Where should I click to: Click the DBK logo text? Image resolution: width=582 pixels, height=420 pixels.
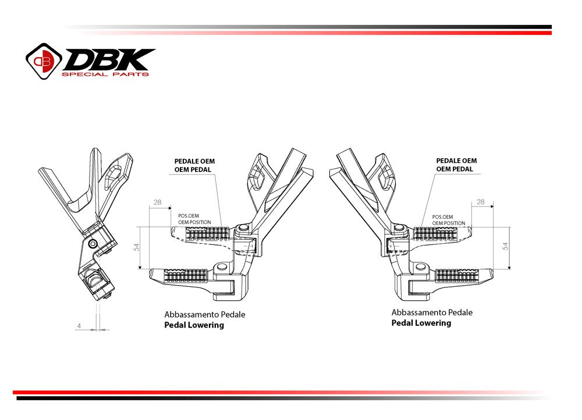point(109,59)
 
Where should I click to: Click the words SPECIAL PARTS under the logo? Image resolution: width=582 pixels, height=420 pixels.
point(105,74)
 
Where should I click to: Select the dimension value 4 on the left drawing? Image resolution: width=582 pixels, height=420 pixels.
point(79,326)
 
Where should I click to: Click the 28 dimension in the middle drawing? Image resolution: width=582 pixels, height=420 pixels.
point(157,202)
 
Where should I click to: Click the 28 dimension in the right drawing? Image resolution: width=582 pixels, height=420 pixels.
point(480,202)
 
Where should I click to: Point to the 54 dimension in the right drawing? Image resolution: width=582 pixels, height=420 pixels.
point(505,247)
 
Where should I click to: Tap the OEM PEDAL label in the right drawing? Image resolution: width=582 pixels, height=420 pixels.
point(455,169)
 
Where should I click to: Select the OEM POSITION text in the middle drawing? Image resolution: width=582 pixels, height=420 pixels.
point(194,222)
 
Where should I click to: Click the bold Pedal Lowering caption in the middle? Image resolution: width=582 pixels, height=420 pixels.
point(194,325)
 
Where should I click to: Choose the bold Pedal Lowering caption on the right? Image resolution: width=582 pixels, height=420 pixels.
point(421,323)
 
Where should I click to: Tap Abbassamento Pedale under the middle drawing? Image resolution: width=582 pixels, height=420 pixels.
point(204,314)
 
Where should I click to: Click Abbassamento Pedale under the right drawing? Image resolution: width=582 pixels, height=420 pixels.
point(431,312)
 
